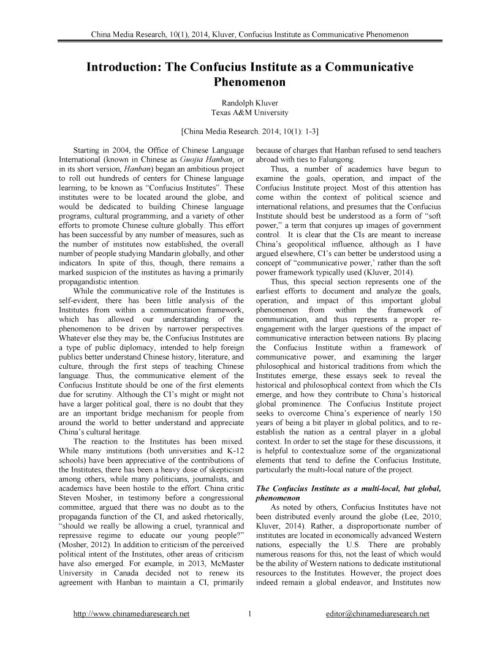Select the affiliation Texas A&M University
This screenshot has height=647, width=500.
249,113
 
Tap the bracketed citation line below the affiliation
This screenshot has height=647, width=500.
249,130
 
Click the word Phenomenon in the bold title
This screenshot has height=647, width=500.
250,80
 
